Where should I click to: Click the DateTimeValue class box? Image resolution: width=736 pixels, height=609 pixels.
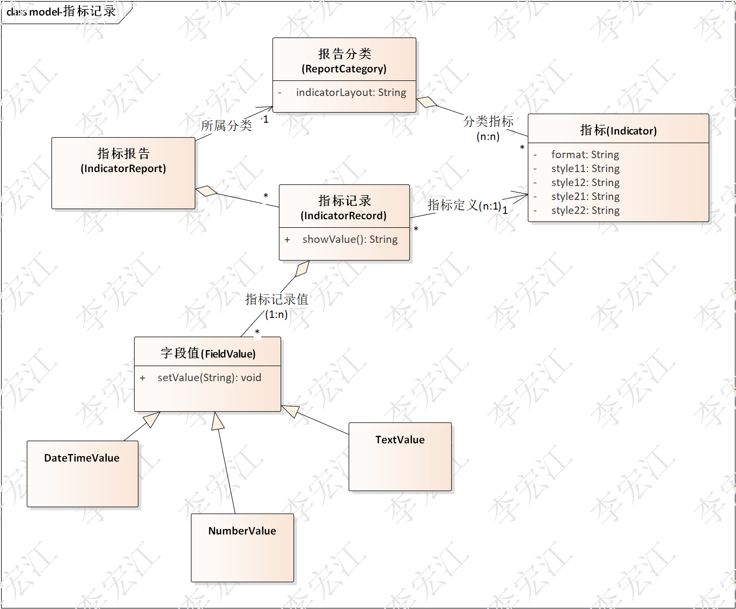tap(82, 473)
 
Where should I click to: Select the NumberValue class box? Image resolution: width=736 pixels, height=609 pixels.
tap(242, 547)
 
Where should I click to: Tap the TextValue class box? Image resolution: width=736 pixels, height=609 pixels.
tap(400, 456)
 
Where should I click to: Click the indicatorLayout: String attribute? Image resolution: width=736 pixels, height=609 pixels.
tap(351, 92)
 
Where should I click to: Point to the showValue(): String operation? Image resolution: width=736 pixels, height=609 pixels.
tap(350, 239)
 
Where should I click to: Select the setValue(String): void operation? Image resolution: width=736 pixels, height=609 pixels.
tap(209, 377)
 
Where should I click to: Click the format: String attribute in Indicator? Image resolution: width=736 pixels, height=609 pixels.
tap(585, 154)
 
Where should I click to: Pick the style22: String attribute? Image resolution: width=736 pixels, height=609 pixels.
tap(585, 210)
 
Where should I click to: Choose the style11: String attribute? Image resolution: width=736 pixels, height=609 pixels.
tap(585, 168)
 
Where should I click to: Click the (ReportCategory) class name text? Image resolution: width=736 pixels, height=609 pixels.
tap(344, 69)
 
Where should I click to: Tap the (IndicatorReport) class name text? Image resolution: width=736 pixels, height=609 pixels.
tap(123, 168)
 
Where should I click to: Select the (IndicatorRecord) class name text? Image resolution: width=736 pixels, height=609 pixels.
tap(343, 216)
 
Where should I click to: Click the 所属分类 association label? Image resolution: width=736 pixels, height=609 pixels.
tap(226, 125)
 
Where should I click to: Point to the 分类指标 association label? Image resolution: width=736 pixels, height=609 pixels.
tap(488, 122)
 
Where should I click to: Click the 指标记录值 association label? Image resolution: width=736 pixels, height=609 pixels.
tap(276, 299)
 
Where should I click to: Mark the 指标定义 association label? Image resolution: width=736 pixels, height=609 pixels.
tap(452, 205)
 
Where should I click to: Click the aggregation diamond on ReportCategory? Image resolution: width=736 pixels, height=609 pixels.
tap(426, 101)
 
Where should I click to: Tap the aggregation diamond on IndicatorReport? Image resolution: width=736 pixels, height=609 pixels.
tap(207, 191)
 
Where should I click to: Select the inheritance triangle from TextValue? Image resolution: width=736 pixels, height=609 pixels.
tap(290, 411)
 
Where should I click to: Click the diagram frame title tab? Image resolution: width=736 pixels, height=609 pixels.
tap(61, 11)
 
